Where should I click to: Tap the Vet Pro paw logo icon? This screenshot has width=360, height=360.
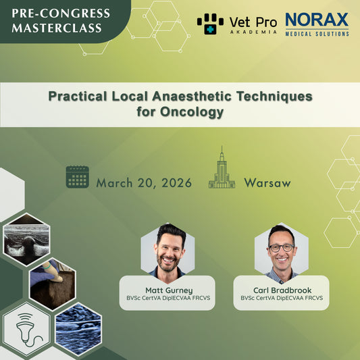point(210,24)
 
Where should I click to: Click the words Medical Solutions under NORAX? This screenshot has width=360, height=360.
point(317,33)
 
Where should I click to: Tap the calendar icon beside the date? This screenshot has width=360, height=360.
point(78,177)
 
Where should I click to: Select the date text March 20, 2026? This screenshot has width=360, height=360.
point(144,183)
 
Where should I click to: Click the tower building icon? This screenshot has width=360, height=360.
point(222,168)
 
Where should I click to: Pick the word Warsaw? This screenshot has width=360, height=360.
point(267,183)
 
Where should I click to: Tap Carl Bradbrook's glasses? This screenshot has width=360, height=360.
point(281,247)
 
